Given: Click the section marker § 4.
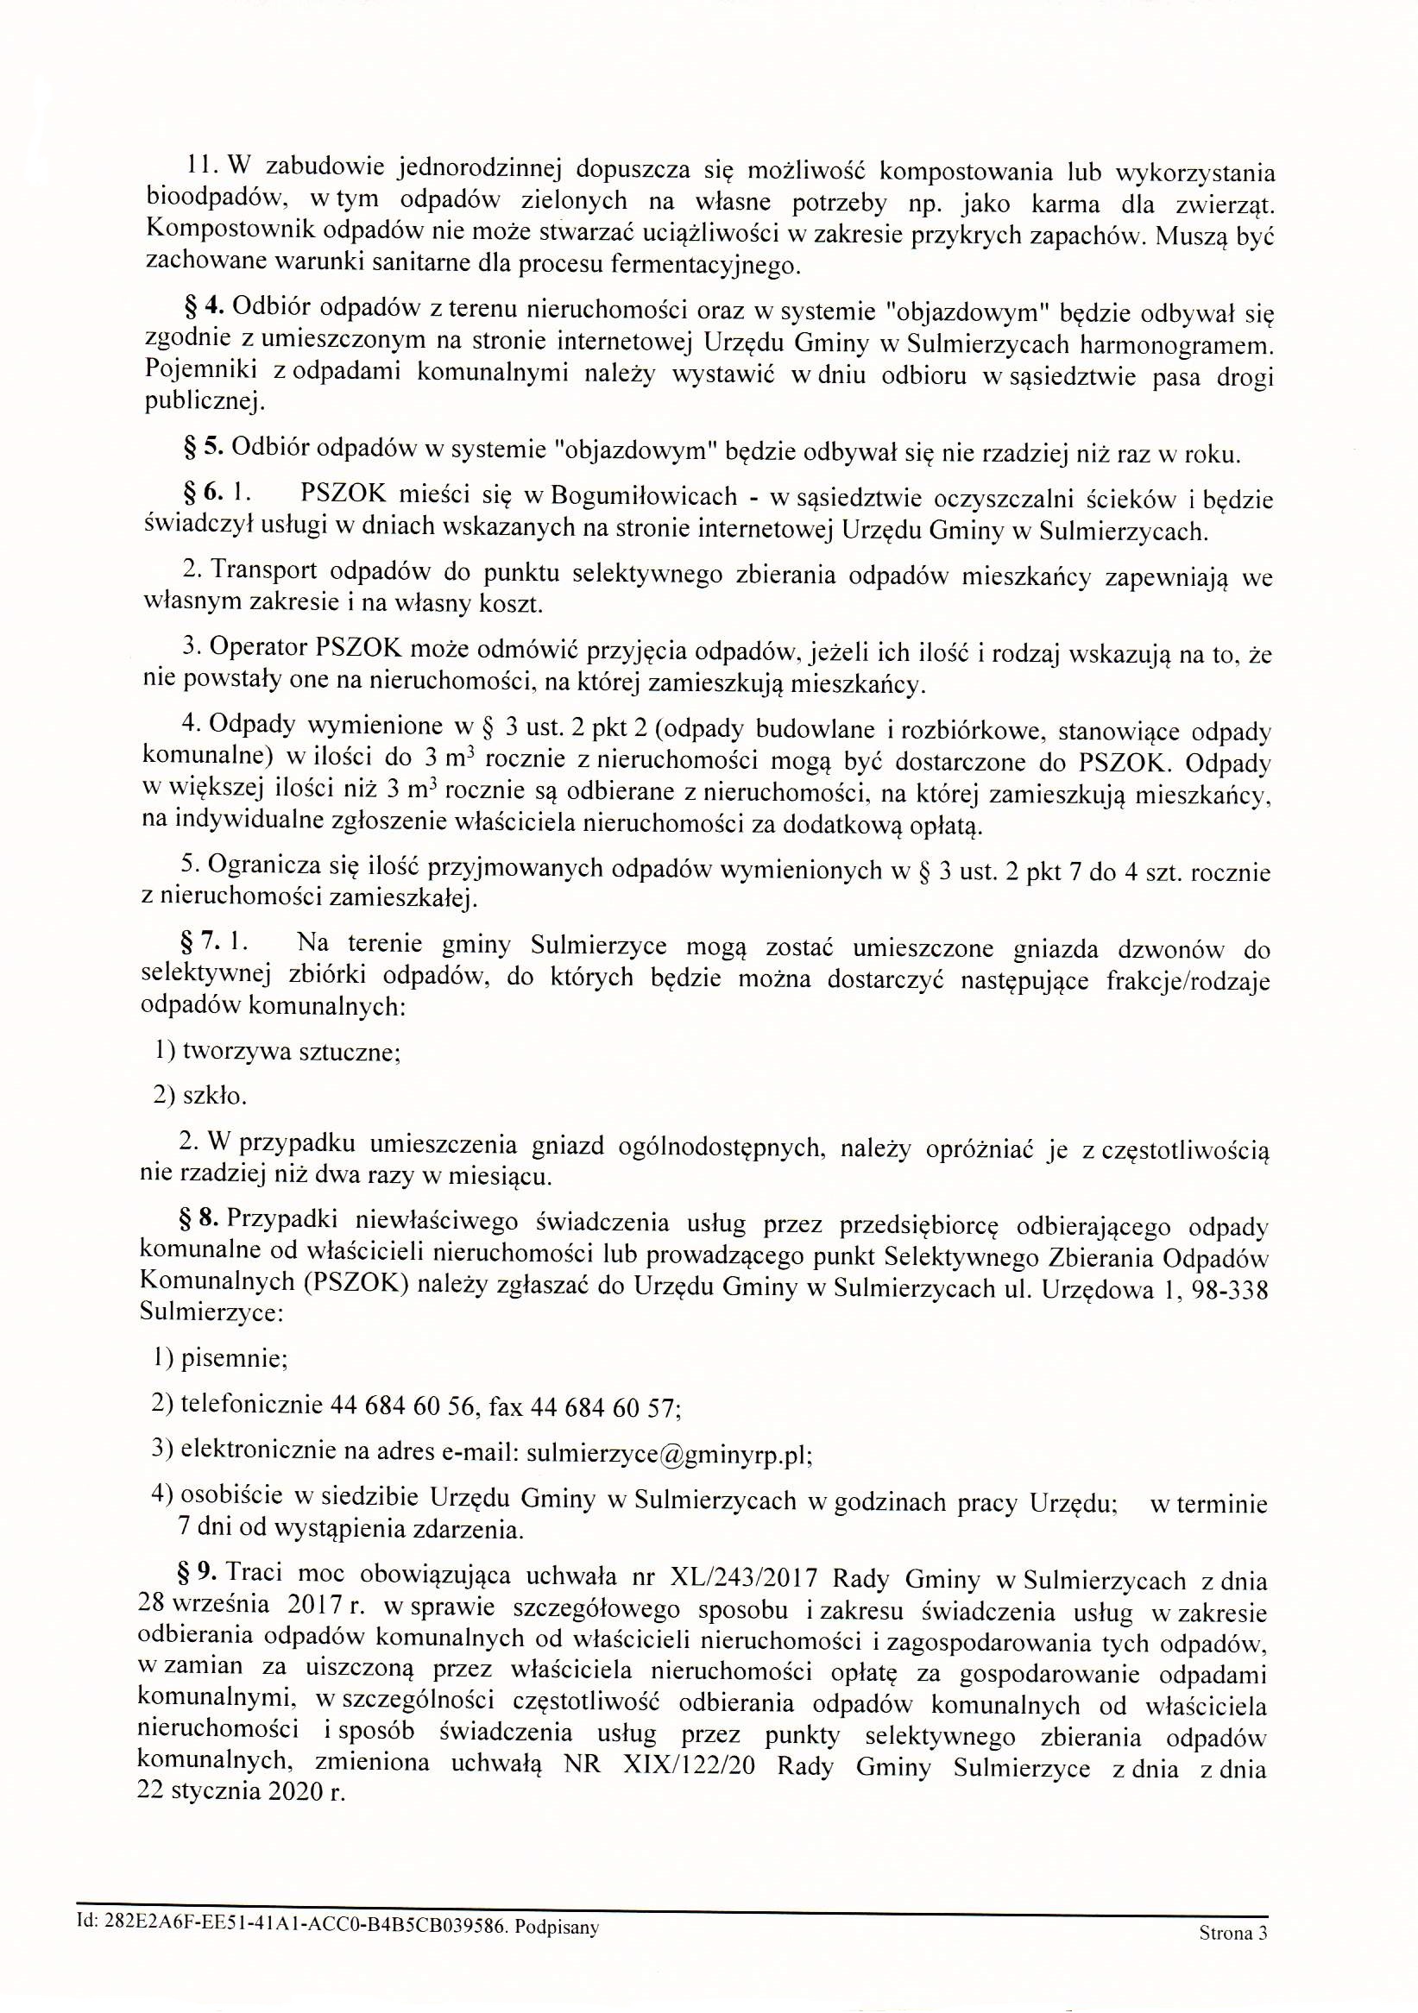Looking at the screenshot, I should click(x=205, y=308).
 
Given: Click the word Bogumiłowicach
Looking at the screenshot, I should click(x=644, y=496).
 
